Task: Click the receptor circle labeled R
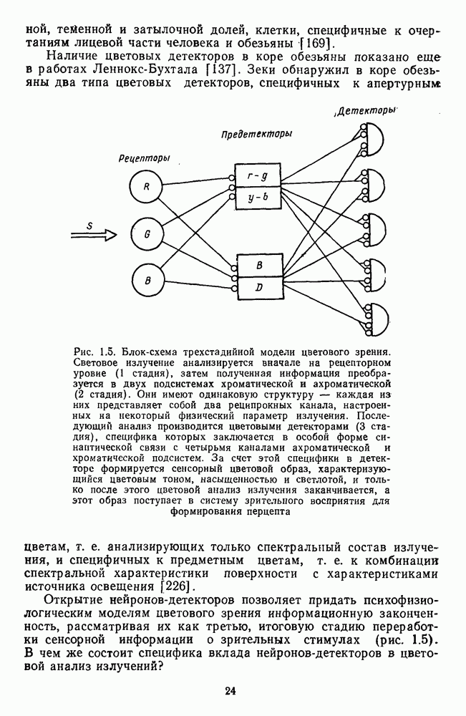click(145, 188)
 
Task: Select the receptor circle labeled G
click(145, 233)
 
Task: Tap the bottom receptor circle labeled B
click(146, 280)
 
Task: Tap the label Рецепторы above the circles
click(143, 158)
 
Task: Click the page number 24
click(230, 691)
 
